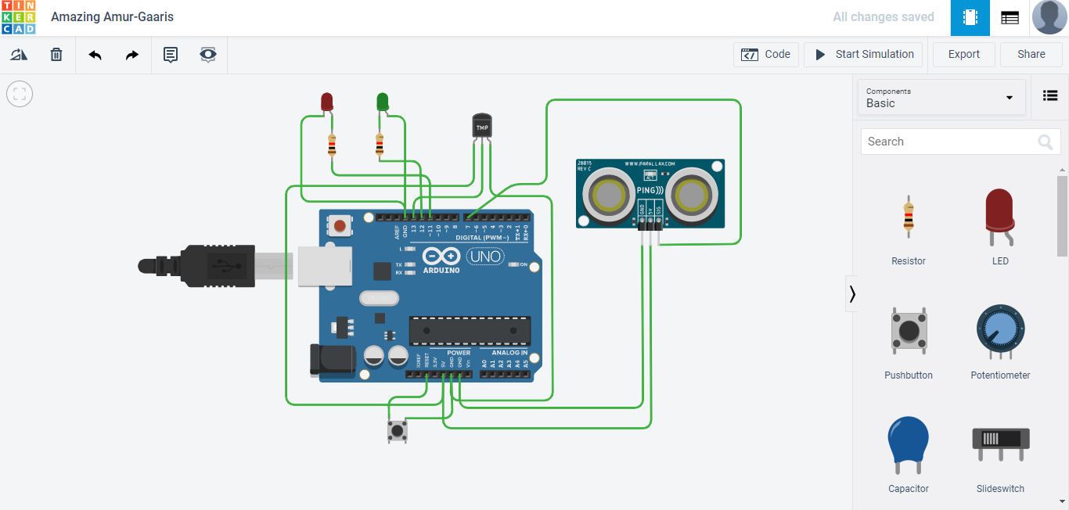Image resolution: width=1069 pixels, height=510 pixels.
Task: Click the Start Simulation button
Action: tap(863, 55)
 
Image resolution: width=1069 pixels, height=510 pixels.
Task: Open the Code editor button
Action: tap(766, 55)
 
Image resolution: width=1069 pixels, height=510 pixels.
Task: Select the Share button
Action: tap(1031, 55)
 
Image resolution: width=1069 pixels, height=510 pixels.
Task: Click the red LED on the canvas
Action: tap(327, 102)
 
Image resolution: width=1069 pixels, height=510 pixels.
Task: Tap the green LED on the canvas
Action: tap(382, 102)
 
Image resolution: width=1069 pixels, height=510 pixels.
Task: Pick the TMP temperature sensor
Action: tap(482, 126)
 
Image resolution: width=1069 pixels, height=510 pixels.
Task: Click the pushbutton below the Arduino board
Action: tap(398, 430)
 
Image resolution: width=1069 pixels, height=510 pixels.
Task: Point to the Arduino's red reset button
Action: tap(340, 226)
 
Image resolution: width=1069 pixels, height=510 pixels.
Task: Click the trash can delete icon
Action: tap(56, 55)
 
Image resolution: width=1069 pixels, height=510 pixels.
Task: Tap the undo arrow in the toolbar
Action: tap(95, 55)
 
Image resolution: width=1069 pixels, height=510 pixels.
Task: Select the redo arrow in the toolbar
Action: tap(132, 55)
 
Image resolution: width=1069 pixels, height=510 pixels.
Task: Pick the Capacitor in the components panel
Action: tap(909, 446)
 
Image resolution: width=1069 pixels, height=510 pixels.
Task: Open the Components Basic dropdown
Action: tap(941, 98)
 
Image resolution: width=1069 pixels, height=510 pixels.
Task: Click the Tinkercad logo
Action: tap(18, 17)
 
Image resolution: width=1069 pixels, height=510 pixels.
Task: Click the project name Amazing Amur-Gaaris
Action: tap(113, 17)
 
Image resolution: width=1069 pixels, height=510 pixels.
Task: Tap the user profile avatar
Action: tap(1049, 17)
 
